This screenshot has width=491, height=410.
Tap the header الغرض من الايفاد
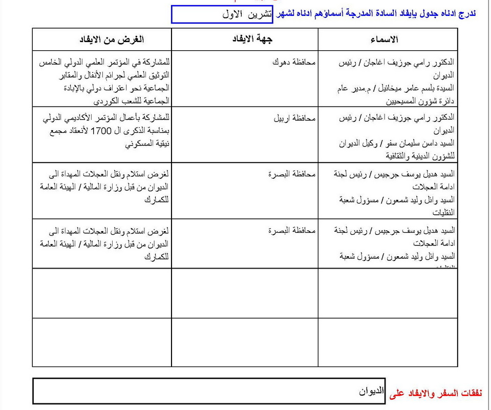pos(112,39)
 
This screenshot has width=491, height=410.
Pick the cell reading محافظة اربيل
pos(294,118)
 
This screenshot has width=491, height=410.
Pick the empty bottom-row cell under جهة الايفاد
pos(245,342)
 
